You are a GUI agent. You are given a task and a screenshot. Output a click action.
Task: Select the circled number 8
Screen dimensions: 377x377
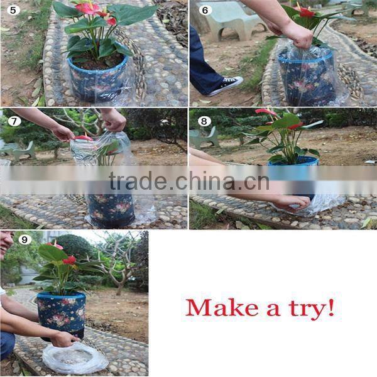(x=204, y=121)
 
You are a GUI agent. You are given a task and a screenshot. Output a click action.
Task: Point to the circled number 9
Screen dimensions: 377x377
(x=25, y=239)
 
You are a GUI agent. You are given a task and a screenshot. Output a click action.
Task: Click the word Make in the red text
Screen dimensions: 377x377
(x=217, y=307)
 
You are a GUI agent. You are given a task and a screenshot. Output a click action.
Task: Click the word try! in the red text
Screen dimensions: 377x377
(x=307, y=308)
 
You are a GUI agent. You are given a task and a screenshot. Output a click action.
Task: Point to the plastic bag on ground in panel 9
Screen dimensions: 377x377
(x=75, y=358)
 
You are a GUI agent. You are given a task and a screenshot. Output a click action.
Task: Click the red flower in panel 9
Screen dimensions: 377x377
(x=69, y=260)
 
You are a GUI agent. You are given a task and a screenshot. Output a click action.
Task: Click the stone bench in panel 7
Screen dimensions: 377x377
(x=19, y=151)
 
